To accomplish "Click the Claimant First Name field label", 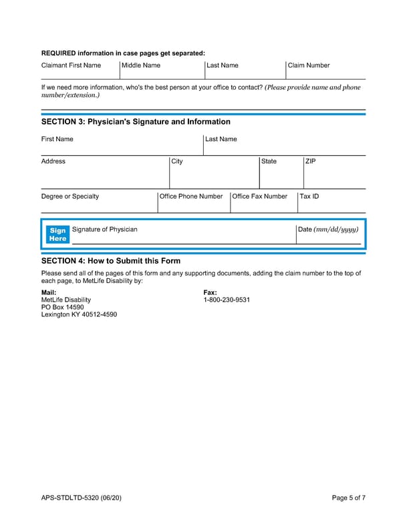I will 71,66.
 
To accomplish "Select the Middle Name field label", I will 141,66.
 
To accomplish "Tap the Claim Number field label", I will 308,66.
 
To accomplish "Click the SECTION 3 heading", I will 136,122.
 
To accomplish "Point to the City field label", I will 177,161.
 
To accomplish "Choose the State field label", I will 269,161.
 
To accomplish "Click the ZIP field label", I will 311,161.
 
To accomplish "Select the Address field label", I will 53,161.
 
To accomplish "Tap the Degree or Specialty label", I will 70,197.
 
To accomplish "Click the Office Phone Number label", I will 191,197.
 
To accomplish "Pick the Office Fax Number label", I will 259,197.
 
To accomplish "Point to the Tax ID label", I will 309,197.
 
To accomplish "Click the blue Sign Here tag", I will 58,234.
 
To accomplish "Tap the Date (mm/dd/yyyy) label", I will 328,229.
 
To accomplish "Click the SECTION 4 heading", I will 111,261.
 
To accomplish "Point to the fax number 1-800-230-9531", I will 227,300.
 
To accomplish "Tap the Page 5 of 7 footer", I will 349,498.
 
